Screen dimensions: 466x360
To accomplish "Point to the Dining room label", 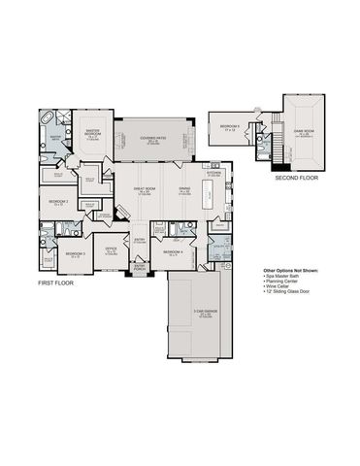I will pyautogui.click(x=185, y=192).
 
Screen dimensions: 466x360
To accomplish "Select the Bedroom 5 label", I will pyautogui.click(x=230, y=127).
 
